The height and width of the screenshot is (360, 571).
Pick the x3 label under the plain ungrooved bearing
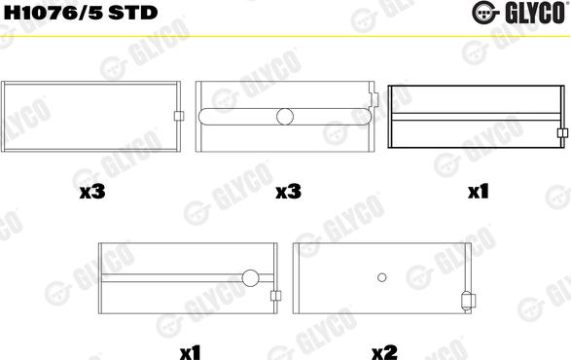(93, 194)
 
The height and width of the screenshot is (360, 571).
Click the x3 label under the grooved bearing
(287, 194)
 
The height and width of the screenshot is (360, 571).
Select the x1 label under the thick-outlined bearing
(477, 194)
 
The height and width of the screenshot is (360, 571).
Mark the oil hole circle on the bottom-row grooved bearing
(251, 278)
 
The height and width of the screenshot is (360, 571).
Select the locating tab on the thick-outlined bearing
(560, 134)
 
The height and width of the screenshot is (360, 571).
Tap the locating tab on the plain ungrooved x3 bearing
(177, 118)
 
